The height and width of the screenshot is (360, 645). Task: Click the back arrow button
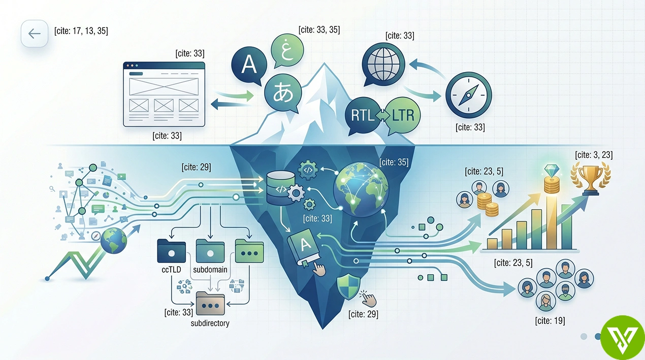34,34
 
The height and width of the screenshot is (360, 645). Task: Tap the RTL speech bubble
363,116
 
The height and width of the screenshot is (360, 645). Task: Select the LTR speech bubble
402,116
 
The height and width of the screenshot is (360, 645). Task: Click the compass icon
468,95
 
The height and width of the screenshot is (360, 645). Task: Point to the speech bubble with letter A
249,66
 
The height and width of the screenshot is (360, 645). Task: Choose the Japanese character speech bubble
283,93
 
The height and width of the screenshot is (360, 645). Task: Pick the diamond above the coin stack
552,171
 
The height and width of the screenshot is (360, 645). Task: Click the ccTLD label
171,270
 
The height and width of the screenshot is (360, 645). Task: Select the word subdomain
210,270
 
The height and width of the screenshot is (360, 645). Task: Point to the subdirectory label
210,323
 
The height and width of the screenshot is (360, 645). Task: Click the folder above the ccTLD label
171,251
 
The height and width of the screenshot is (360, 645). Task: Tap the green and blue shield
348,286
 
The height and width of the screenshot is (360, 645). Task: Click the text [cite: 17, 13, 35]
81,31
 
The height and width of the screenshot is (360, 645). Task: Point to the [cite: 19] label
550,320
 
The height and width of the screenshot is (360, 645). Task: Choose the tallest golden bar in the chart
552,222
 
